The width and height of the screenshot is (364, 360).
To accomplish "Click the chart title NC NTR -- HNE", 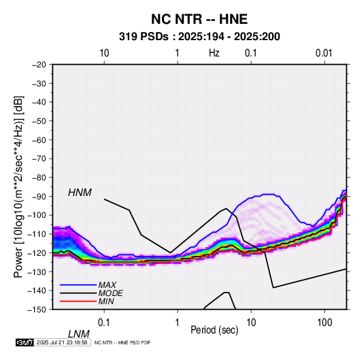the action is tap(199, 19).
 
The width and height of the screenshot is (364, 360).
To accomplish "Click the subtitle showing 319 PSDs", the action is tap(199, 37).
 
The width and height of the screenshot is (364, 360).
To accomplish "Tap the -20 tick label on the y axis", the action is tap(39, 65).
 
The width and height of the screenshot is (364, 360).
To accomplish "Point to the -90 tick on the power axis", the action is tap(39, 196).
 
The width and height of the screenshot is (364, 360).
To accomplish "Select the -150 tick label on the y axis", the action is tap(37, 310).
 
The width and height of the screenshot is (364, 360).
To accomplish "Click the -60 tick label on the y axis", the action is tap(39, 140).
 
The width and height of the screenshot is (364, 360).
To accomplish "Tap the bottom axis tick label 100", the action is tap(325, 323).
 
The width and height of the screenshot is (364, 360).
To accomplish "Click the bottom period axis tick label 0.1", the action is tap(104, 323).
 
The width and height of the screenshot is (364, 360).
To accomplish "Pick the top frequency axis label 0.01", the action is tap(324, 53).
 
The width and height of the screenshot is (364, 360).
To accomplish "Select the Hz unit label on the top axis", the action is tap(214, 53).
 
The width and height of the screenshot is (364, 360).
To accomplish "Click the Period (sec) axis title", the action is tap(214, 330).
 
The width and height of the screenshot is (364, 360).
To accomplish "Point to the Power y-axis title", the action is tap(18, 187).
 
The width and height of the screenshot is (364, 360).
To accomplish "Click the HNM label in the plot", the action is tap(80, 193).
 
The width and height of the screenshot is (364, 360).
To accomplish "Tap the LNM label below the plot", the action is tap(79, 334).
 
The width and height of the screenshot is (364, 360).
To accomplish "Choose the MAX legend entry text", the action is tap(107, 284).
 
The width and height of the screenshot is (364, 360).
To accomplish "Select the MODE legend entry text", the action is tap(110, 293).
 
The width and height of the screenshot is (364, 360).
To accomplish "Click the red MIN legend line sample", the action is tap(78, 301).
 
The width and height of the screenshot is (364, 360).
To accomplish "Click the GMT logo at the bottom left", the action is tap(25, 342).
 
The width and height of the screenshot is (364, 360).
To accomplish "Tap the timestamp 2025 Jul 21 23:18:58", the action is tap(62, 342).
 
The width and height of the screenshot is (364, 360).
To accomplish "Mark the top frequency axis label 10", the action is tap(104, 53).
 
